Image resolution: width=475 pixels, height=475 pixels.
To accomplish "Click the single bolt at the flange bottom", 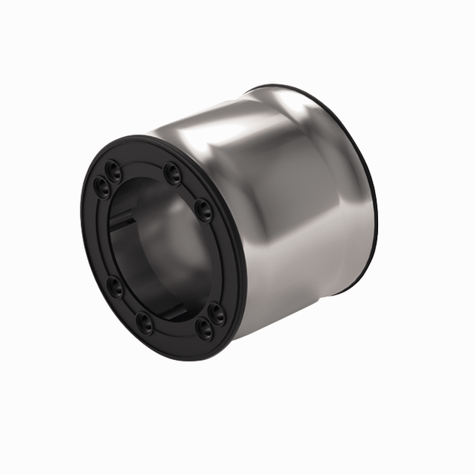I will pos(144,324).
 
